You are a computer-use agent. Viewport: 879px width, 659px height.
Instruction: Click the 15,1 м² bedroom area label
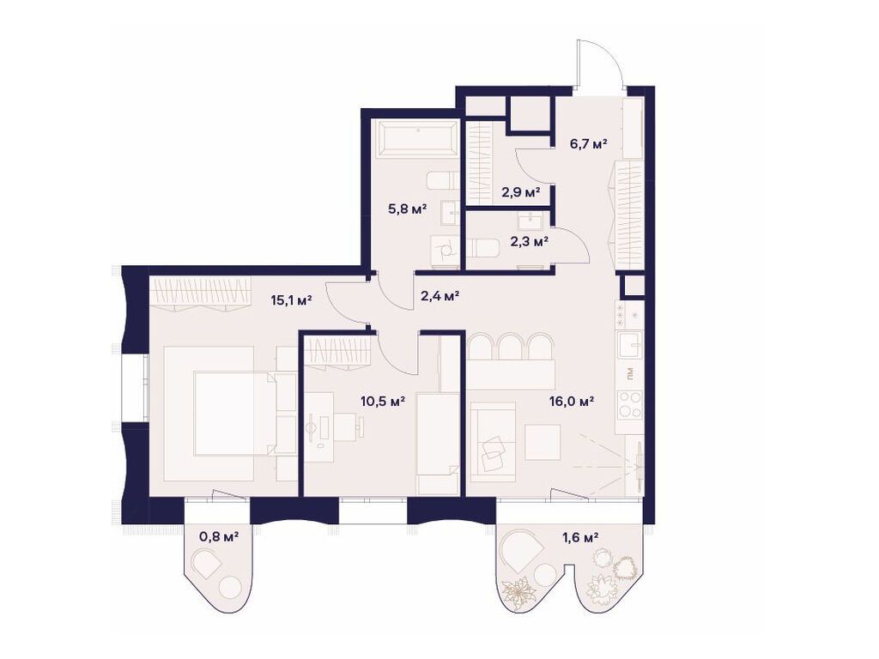290,300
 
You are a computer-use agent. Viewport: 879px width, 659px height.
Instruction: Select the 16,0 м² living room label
573,400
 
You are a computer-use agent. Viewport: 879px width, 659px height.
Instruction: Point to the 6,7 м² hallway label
589,143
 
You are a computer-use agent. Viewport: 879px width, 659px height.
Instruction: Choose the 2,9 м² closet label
520,191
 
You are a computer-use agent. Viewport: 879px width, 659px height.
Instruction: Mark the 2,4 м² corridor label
439,296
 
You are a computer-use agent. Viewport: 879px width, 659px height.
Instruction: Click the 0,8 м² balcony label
219,537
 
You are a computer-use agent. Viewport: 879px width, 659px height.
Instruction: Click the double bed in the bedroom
221,413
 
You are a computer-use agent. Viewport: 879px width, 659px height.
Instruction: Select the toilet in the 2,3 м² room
486,250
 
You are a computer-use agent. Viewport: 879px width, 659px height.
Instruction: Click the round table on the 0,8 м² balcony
231,589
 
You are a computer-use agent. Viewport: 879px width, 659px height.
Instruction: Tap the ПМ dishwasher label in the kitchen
630,374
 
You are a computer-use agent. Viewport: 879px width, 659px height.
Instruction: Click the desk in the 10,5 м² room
319,427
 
